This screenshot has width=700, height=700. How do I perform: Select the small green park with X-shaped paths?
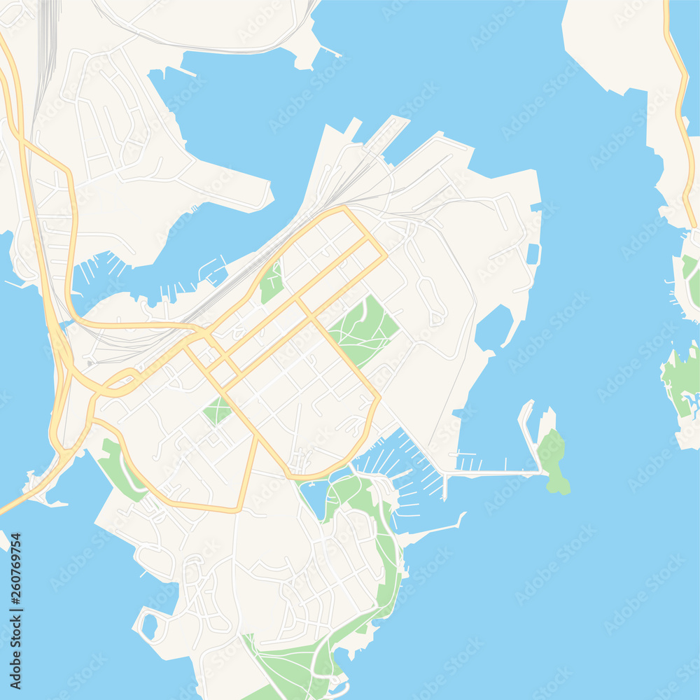click(x=217, y=411)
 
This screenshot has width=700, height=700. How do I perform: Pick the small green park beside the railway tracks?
click(x=272, y=281)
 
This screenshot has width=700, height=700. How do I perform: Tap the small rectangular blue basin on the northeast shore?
click(x=533, y=253)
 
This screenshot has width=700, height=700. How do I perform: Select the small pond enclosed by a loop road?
click(x=150, y=626)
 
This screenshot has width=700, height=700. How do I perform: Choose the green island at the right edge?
click(x=680, y=381)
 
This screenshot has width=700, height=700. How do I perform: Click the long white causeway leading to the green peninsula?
click(x=490, y=474)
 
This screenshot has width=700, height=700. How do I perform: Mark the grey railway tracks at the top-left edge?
click(x=46, y=42)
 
